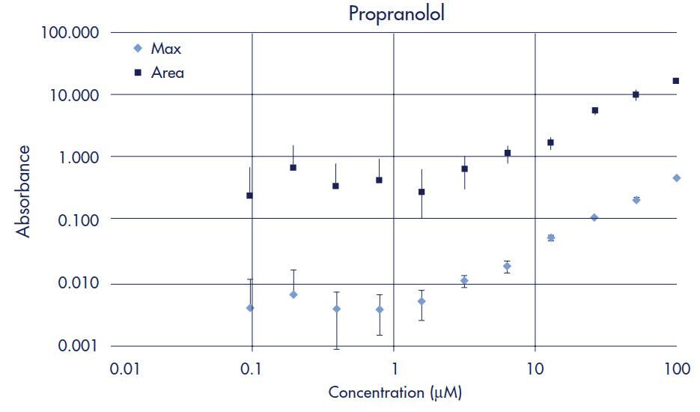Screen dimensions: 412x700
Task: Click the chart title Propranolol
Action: coord(396,14)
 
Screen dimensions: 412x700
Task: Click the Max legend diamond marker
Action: coord(137,49)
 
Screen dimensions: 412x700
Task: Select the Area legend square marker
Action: coord(137,73)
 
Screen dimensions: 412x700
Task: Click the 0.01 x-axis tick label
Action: coord(110,369)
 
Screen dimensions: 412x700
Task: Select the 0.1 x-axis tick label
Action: coord(252,369)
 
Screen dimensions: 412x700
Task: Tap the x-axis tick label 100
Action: coord(677,369)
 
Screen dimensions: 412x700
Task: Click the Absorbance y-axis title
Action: coord(24,191)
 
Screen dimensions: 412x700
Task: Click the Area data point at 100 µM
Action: coord(676,81)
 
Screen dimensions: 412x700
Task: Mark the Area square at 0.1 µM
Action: coord(250,196)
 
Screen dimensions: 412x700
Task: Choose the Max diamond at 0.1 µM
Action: coord(250,308)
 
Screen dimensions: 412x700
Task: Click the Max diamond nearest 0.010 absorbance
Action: coord(464,281)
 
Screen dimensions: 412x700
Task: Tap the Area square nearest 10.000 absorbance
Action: coord(636,94)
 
